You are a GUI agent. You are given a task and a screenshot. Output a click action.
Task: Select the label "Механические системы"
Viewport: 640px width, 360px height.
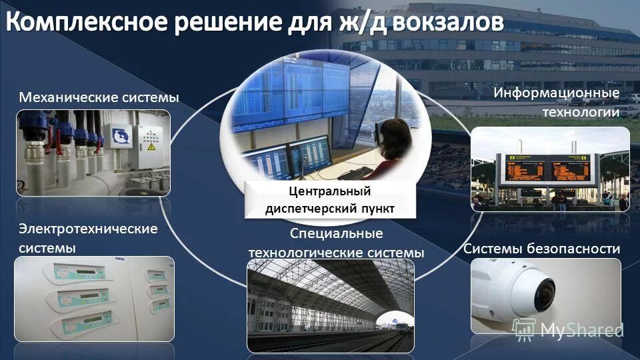click(99, 98)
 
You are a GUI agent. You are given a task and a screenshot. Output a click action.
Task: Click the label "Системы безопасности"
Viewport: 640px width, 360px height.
click(541, 249)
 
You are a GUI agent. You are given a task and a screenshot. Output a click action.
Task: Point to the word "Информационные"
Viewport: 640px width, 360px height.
click(556, 93)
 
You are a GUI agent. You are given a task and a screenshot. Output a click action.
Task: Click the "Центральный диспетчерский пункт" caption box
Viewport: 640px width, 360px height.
click(330, 200)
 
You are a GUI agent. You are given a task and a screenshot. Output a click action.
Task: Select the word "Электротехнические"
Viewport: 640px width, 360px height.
click(88, 229)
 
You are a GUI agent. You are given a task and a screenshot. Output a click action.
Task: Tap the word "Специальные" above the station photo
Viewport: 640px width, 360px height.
click(336, 233)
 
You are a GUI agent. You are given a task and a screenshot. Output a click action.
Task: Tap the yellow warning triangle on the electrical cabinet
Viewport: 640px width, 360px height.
click(151, 145)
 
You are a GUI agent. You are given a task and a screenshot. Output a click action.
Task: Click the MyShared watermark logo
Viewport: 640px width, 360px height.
click(567, 329)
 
